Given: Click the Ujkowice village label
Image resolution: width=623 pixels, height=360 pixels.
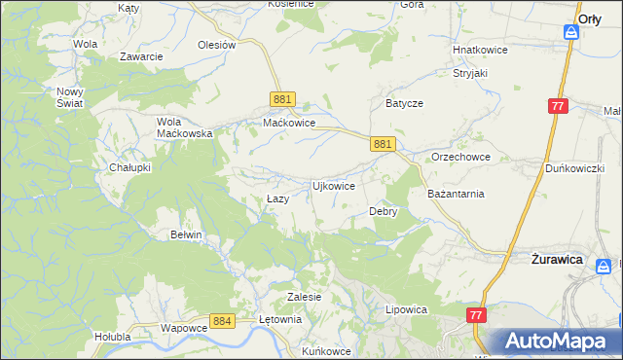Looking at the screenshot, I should (332, 185).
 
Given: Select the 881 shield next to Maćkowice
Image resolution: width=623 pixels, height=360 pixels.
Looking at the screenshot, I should (282, 99).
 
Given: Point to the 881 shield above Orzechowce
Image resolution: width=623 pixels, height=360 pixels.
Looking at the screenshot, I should (383, 143).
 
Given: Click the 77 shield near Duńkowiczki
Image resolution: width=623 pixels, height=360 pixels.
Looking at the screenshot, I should (557, 106).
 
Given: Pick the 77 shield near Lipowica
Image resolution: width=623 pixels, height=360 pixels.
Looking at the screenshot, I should (476, 315).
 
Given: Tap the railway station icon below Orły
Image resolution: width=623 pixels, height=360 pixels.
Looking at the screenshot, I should (572, 33).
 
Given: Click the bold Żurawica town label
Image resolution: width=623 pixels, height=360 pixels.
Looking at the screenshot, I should (556, 261).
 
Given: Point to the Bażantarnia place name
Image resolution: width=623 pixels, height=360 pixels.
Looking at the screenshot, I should (457, 194).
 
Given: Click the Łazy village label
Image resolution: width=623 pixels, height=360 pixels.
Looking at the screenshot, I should (277, 198).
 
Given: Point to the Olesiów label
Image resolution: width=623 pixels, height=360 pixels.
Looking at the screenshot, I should (217, 45).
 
